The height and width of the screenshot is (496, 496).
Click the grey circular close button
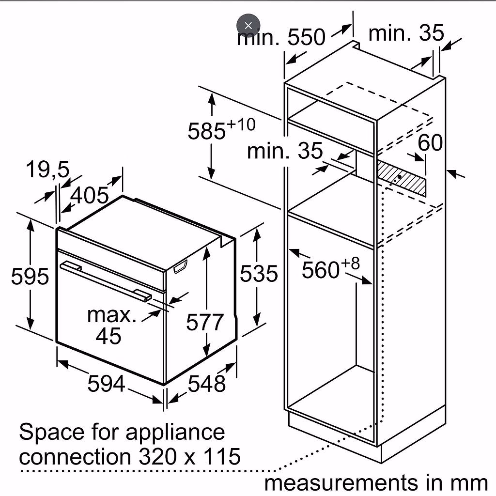pyautogui.click(x=248, y=26)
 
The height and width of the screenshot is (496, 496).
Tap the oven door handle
pyautogui.click(x=106, y=280)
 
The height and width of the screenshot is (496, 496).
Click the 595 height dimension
pyautogui.click(x=30, y=276)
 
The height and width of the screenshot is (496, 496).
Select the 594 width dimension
pyautogui.click(x=106, y=384)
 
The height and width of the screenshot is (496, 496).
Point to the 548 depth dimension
pyautogui.click(x=207, y=384)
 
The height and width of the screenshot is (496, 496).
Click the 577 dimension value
pyautogui.click(x=205, y=322)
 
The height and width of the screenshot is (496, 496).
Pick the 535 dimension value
pyautogui.click(x=259, y=273)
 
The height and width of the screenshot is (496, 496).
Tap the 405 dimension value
pyautogui.click(x=90, y=195)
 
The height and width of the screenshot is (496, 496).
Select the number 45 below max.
pyautogui.click(x=108, y=335)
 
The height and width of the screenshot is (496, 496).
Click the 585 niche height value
pyautogui.click(x=207, y=131)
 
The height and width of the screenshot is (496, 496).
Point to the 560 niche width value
pyautogui.click(x=321, y=270)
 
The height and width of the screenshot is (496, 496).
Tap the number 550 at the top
pyautogui.click(x=306, y=37)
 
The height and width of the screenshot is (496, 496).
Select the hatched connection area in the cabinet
pyautogui.click(x=401, y=178)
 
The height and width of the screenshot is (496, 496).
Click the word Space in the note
pyautogui.click(x=52, y=433)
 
